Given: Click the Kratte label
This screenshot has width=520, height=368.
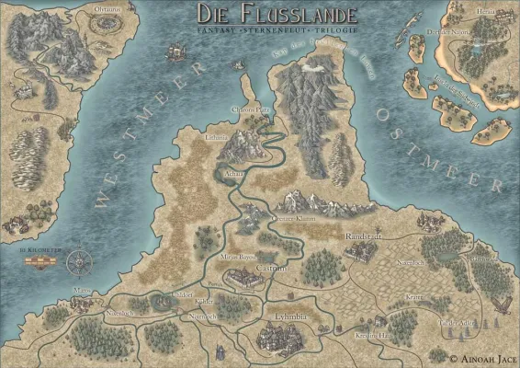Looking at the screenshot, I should coord(414,298).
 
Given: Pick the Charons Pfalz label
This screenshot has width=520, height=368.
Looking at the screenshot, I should coord(249,113).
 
